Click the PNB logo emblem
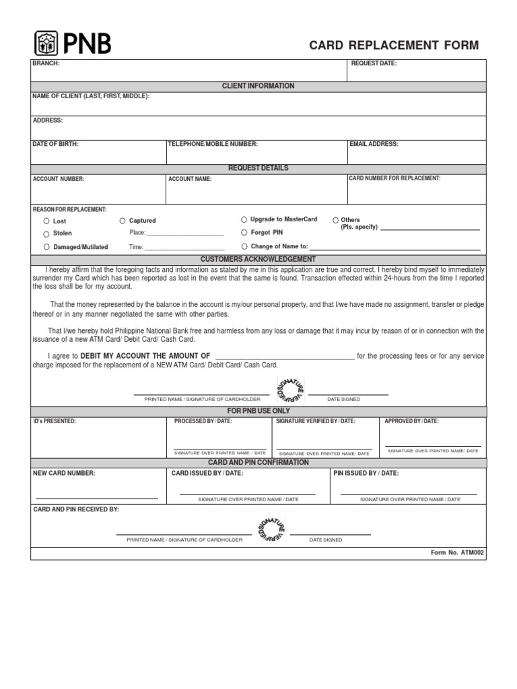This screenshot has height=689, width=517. (x=47, y=44)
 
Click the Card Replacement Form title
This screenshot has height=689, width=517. (x=394, y=46)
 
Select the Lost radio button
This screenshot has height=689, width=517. (x=46, y=221)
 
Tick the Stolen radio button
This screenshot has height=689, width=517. (x=46, y=233)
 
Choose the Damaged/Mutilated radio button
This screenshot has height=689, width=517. (x=46, y=247)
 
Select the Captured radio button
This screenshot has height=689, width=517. (x=123, y=221)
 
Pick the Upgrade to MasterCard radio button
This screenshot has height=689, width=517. (x=244, y=219)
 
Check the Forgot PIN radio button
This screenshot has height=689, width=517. (x=244, y=232)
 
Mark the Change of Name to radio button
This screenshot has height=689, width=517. (x=244, y=246)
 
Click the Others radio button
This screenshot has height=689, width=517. (x=336, y=220)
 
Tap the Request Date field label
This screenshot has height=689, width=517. (x=374, y=63)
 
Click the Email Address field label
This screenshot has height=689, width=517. (x=374, y=144)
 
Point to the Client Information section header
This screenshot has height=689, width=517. (x=258, y=86)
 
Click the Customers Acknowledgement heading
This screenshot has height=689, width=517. (x=258, y=259)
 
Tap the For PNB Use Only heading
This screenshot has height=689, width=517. (x=258, y=410)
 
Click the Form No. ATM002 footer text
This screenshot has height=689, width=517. (x=457, y=552)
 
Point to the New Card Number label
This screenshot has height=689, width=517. (x=65, y=474)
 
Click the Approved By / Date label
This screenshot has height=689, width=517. (x=411, y=421)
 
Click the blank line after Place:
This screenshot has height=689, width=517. (x=185, y=234)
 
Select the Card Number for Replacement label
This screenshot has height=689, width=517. (x=394, y=178)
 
